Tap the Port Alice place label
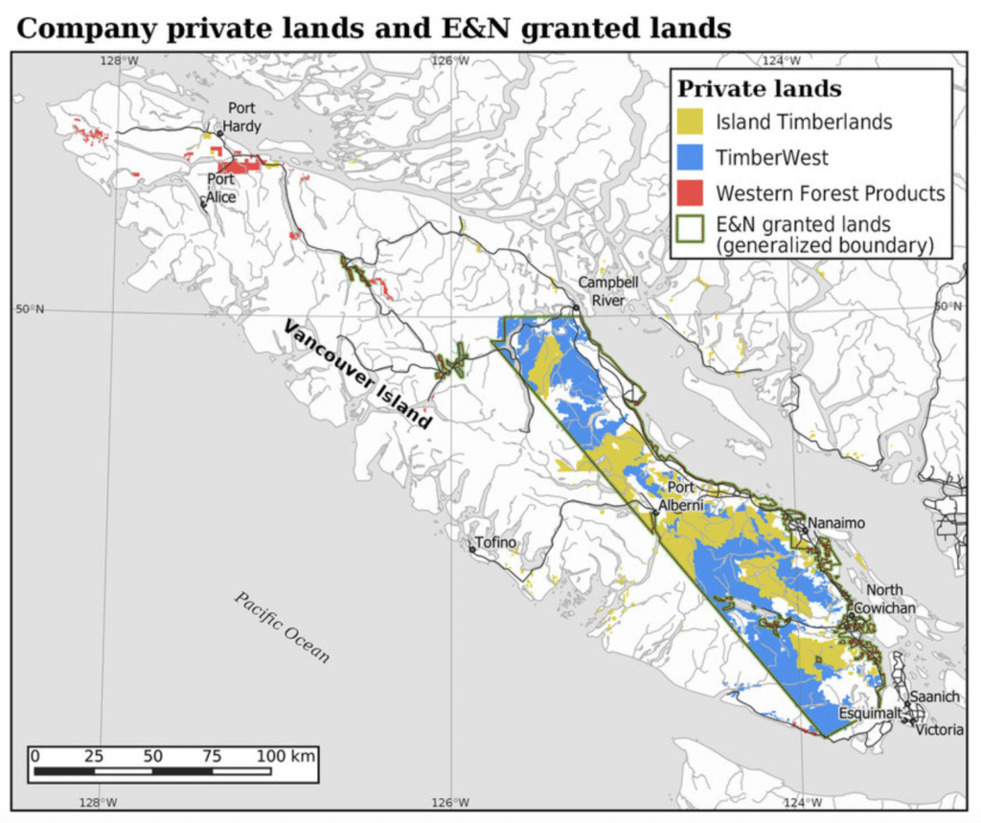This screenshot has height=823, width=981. coord(221,187)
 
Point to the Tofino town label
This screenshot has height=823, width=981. coord(497,543)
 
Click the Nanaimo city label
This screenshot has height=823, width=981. coord(836,523)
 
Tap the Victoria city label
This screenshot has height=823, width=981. coord(940,729)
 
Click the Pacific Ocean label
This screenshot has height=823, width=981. coord(284,627)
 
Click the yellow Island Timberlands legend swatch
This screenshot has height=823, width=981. coord(693,122)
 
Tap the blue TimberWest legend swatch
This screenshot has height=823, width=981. coord(693,157)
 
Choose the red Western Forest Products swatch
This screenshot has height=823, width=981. coord(693,193)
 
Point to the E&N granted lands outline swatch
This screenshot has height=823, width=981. coord(693,229)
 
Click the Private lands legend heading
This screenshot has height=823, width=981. coord(760,89)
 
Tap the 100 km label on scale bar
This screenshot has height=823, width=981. coord(286,755)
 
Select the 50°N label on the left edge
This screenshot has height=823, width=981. coord(29,309)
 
